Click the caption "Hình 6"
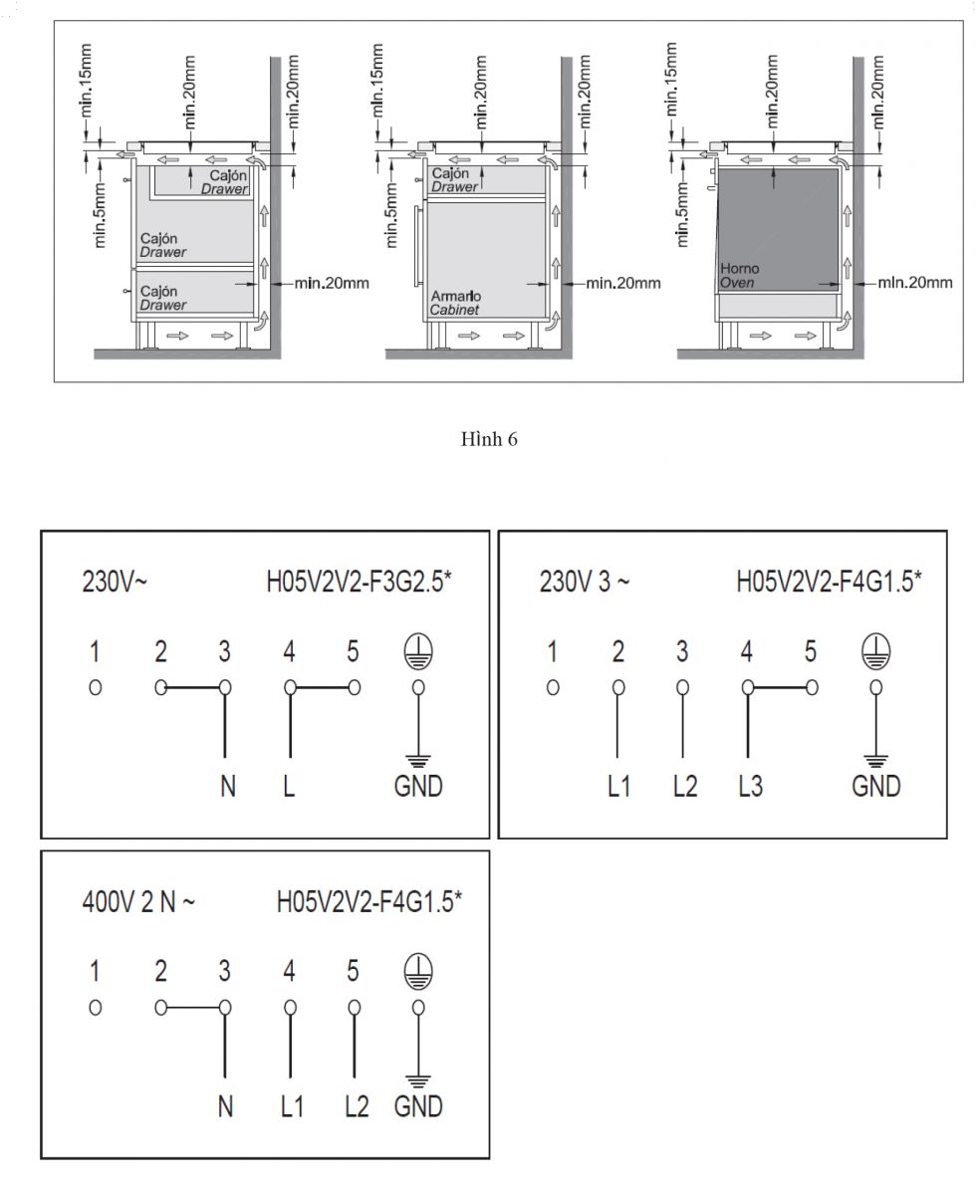pyautogui.click(x=489, y=439)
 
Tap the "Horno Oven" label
pyautogui.click(x=739, y=276)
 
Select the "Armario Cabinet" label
pyautogui.click(x=456, y=303)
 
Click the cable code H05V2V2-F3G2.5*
pyautogui.click(x=359, y=582)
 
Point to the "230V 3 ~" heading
pyautogui.click(x=584, y=582)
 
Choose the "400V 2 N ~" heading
pyautogui.click(x=138, y=902)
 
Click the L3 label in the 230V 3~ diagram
pyautogui.click(x=750, y=787)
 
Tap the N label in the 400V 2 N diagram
pyautogui.click(x=226, y=1106)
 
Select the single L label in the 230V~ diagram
pyautogui.click(x=289, y=787)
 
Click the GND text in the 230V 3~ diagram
pyautogui.click(x=875, y=787)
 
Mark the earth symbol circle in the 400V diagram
pyautogui.click(x=418, y=971)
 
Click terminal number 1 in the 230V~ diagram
pyautogui.click(x=95, y=651)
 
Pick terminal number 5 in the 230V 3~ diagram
pyautogui.click(x=811, y=651)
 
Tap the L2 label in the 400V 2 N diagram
pyautogui.click(x=357, y=1106)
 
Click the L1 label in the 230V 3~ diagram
pyautogui.click(x=618, y=787)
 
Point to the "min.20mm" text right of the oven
pyautogui.click(x=915, y=282)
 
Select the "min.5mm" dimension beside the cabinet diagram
pyautogui.click(x=391, y=215)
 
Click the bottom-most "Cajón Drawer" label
pyautogui.click(x=163, y=298)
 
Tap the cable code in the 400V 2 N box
pyautogui.click(x=368, y=902)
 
